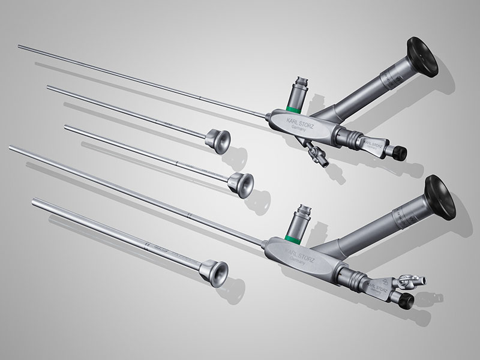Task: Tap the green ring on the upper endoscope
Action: pyautogui.click(x=292, y=109)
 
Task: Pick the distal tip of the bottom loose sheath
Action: pyautogui.click(x=35, y=200)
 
